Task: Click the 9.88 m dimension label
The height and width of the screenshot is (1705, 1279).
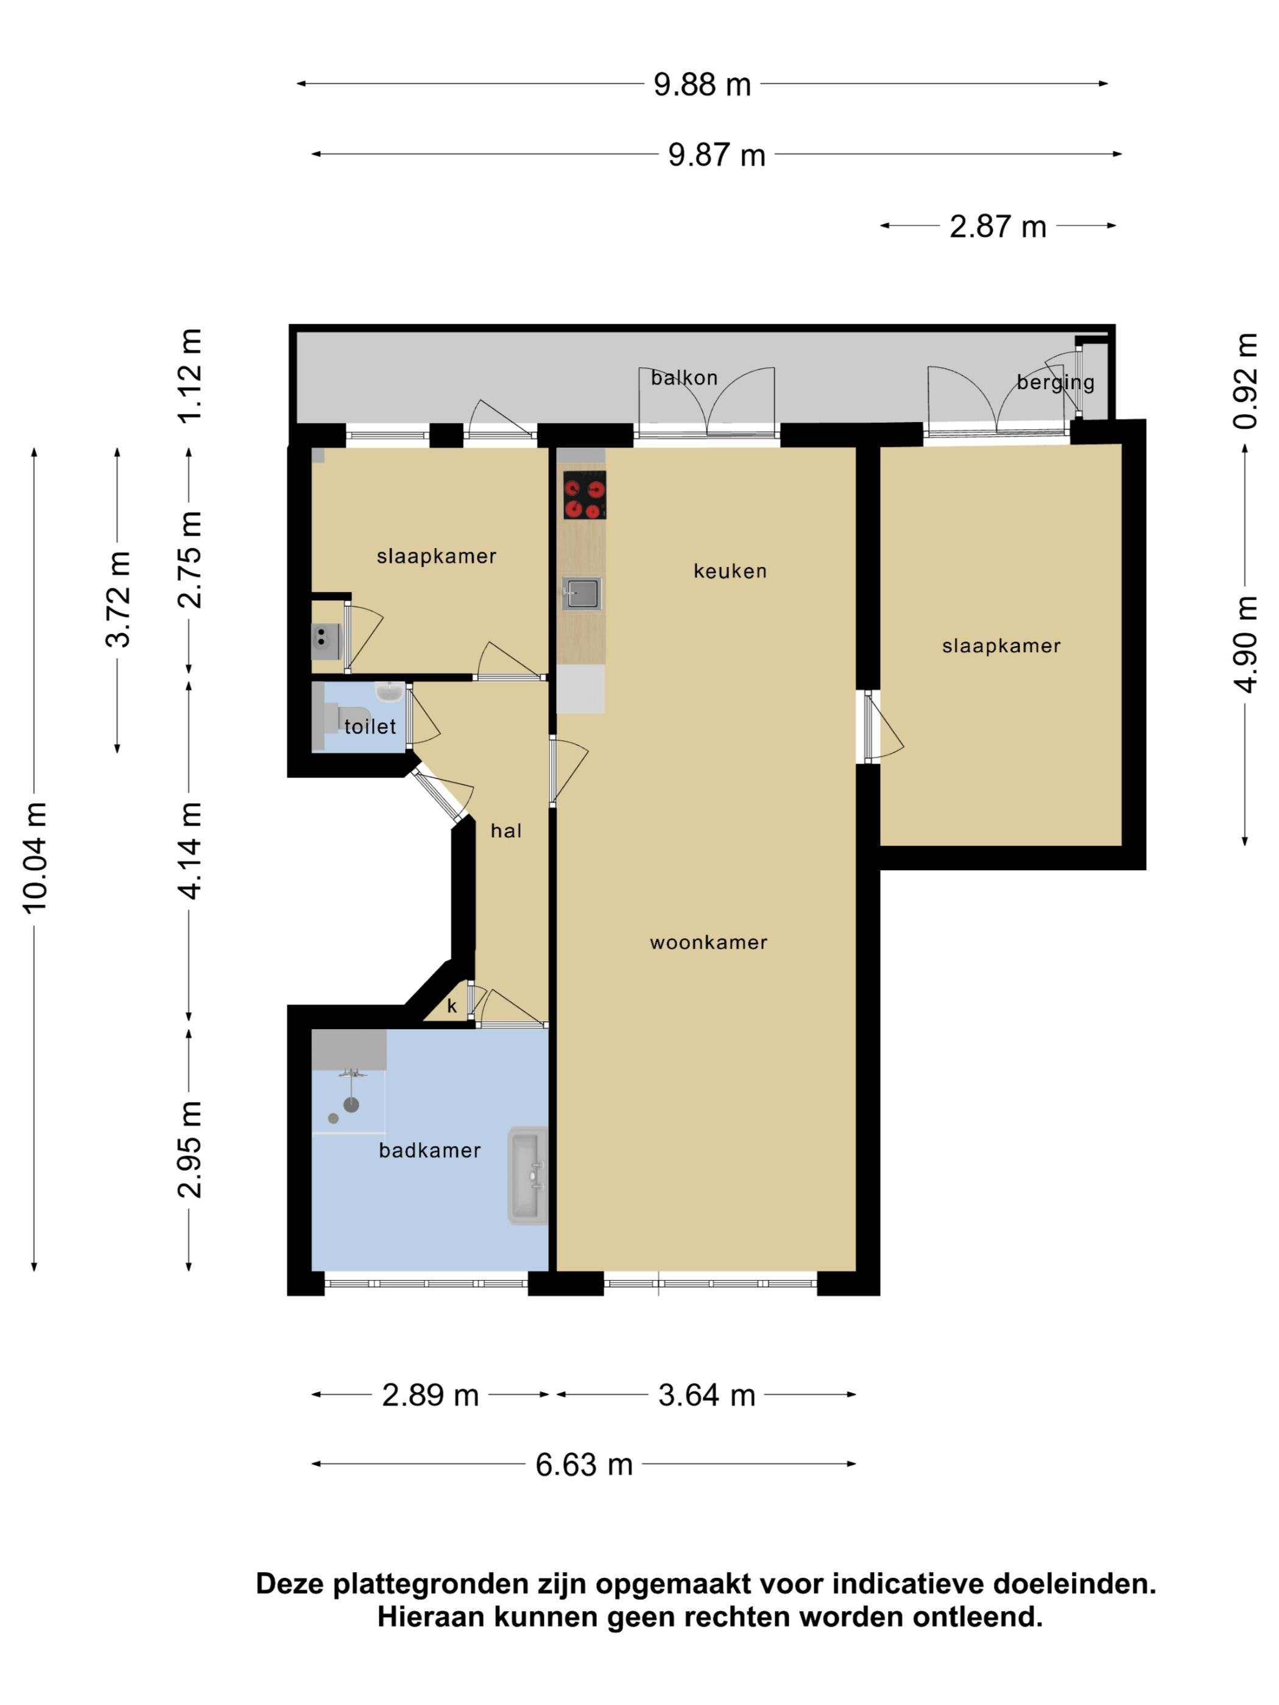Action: click(x=702, y=84)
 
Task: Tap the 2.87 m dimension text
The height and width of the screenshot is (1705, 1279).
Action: click(x=998, y=227)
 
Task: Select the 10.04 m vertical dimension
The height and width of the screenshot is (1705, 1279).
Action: click(x=35, y=858)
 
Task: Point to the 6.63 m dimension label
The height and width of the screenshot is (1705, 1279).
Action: click(x=583, y=1464)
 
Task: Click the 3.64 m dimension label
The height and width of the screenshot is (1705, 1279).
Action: click(x=706, y=1395)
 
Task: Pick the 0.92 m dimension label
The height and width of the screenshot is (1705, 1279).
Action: click(x=1245, y=381)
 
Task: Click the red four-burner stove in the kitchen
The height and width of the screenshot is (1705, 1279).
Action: click(x=584, y=495)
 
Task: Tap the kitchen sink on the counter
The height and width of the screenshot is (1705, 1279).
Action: click(x=581, y=594)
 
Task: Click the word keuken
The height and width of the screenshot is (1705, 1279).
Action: click(x=730, y=571)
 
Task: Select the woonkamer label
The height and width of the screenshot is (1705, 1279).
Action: click(x=708, y=943)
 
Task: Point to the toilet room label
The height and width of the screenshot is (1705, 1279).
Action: click(x=370, y=726)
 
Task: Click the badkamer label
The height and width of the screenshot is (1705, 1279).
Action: click(x=429, y=1151)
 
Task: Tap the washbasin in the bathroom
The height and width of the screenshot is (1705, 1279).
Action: click(x=528, y=1175)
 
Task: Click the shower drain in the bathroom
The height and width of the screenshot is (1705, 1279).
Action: click(x=333, y=1117)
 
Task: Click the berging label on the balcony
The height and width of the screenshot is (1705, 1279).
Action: click(x=1055, y=383)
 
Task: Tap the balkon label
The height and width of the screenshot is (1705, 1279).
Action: click(x=684, y=378)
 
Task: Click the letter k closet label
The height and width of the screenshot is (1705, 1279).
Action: click(x=452, y=1006)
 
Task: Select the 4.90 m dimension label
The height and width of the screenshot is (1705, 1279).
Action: click(x=1245, y=644)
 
